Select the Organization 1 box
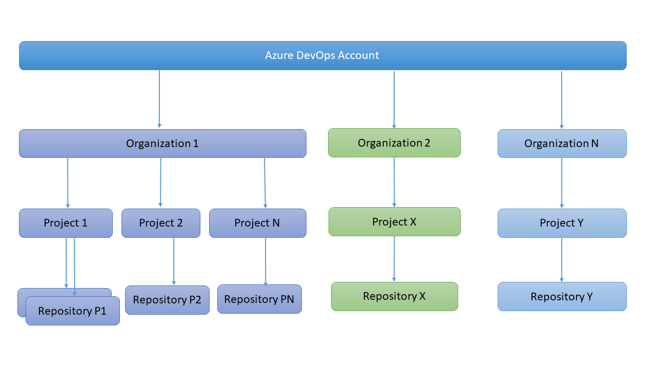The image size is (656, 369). pos(162,143)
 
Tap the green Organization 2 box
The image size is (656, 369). pos(394,142)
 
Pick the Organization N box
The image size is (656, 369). pos(562,143)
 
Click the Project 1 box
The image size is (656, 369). pos(66,223)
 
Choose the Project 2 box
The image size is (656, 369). pos(160,223)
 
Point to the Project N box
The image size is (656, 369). pos(257,223)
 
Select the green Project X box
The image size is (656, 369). pos(394,221)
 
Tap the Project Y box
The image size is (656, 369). pos(562,223)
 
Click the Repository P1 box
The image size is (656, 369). pos(72,311)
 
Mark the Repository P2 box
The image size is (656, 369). pos(167,300)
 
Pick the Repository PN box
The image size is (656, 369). pos(259,299)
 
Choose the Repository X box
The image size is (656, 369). pos(394,296)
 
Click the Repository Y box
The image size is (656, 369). pos(562,296)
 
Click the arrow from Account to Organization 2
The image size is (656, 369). pos(394,100)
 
